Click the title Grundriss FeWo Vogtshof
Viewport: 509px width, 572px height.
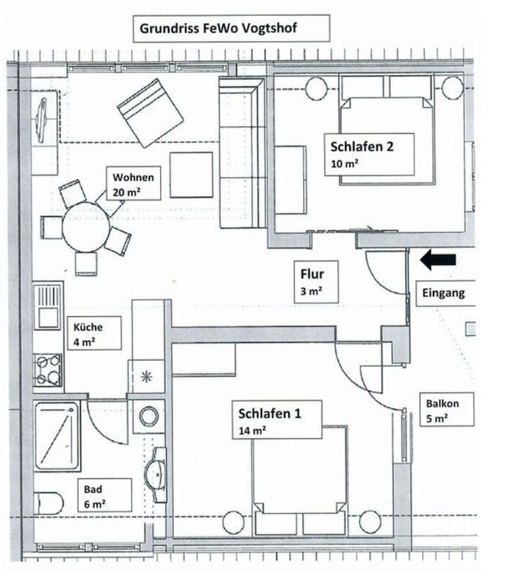231,29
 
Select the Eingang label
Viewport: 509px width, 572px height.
444,293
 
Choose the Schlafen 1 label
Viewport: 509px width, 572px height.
277,419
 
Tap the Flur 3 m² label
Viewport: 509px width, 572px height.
316,281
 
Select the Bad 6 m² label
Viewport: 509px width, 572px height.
104,495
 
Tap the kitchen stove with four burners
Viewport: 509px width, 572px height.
47,370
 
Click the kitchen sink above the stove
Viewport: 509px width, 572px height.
47,307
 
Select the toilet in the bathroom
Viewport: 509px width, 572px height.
48,503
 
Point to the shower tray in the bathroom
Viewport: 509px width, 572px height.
56,436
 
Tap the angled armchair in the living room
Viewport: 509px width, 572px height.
150,113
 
